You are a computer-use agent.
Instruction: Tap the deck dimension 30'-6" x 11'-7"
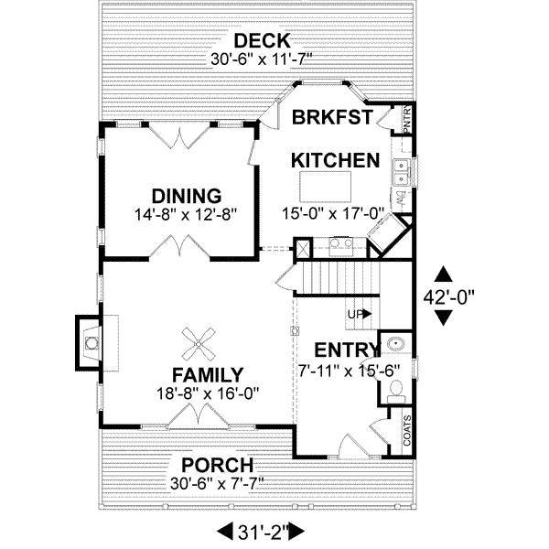click(261, 59)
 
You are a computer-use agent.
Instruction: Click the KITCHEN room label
click(335, 161)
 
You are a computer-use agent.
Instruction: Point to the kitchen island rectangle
click(336, 180)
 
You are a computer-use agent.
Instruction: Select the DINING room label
click(187, 196)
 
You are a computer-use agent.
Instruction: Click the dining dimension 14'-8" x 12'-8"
click(187, 214)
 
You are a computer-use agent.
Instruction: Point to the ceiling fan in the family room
click(199, 345)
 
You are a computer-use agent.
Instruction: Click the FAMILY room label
click(208, 375)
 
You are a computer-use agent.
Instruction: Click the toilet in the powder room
click(393, 389)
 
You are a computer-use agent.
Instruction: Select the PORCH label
click(218, 465)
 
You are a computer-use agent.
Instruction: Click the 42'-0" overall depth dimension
click(444, 296)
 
